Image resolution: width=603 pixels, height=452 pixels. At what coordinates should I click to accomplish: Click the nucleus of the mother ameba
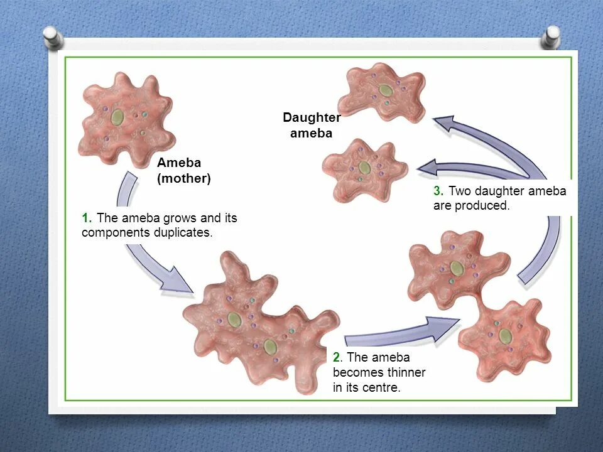click(117, 117)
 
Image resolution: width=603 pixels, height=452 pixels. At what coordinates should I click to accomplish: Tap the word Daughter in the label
click(312, 117)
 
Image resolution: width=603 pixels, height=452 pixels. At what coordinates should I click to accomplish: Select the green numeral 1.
click(86, 218)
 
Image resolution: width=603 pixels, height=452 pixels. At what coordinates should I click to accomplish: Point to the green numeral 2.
click(337, 357)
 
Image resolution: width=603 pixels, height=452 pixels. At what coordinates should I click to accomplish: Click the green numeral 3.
click(438, 191)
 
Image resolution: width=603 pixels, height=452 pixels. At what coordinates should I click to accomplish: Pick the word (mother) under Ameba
click(184, 178)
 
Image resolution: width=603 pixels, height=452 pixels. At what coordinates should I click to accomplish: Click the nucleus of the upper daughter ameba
click(385, 90)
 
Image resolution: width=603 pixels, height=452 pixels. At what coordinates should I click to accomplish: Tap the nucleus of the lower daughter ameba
click(364, 167)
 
